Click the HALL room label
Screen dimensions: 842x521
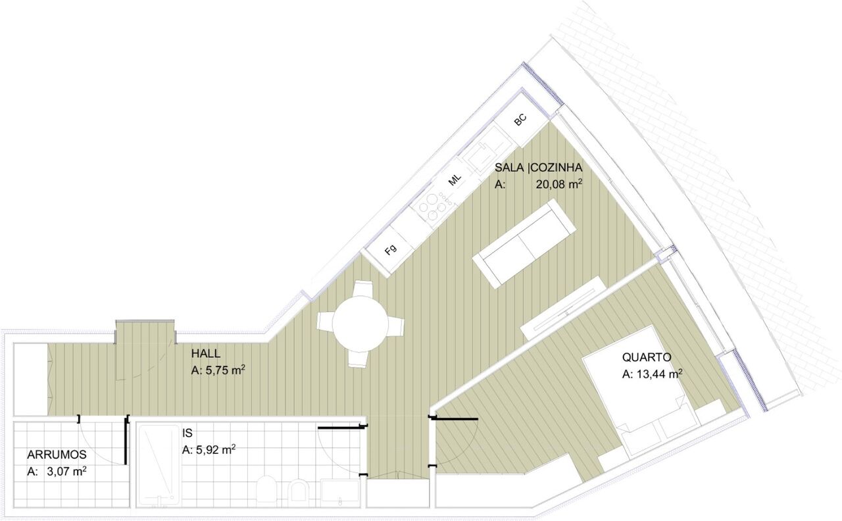pos(206,354)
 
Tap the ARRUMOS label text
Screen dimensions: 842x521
pos(57,455)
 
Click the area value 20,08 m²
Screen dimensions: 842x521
pos(559,184)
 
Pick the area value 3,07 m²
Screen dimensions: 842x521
pos(66,471)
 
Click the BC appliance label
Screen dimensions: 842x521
pos(520,120)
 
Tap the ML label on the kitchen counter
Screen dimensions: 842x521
pos(455,180)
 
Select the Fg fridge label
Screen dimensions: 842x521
pos(391,249)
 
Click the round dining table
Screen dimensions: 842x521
pos(360,324)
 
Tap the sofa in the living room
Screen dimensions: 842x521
pos(524,243)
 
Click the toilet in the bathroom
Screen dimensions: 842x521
pos(266,488)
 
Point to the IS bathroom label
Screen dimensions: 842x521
pos(187,433)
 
